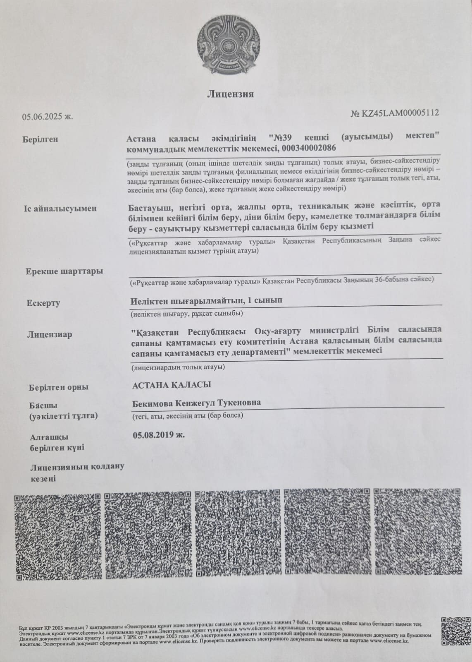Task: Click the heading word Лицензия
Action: pos(230,94)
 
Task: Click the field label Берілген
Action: pos(40,139)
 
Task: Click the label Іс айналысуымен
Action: pos(60,208)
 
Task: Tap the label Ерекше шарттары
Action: pos(64,272)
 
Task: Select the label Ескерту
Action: pos(43,303)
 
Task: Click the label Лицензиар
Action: pos(49,334)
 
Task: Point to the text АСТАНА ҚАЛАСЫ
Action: pos(172,385)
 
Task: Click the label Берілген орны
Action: pos(59,388)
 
